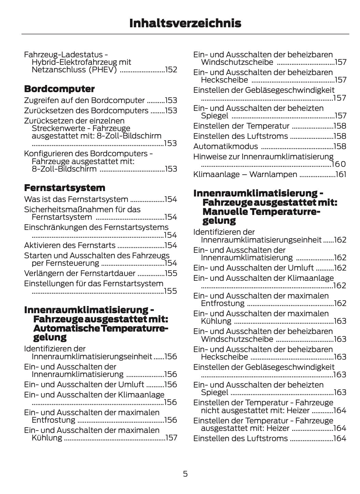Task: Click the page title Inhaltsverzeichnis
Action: [185, 23]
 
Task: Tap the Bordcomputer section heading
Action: [59, 89]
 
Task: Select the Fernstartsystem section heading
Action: [64, 188]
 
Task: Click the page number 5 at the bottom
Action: [185, 474]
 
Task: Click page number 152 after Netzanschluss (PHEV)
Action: [171, 70]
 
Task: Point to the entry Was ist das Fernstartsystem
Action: [76, 199]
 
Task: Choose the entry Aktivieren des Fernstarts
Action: [70, 245]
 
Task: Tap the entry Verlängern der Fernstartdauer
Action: [80, 273]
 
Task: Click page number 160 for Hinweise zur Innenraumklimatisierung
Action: [339, 164]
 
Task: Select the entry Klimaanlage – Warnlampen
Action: [245, 175]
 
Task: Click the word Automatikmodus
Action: [226, 146]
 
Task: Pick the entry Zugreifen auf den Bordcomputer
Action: [84, 100]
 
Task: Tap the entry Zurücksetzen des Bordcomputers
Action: [86, 111]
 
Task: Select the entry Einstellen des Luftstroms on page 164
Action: [240, 438]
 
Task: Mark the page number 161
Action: [341, 175]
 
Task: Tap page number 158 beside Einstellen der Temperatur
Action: [340, 126]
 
